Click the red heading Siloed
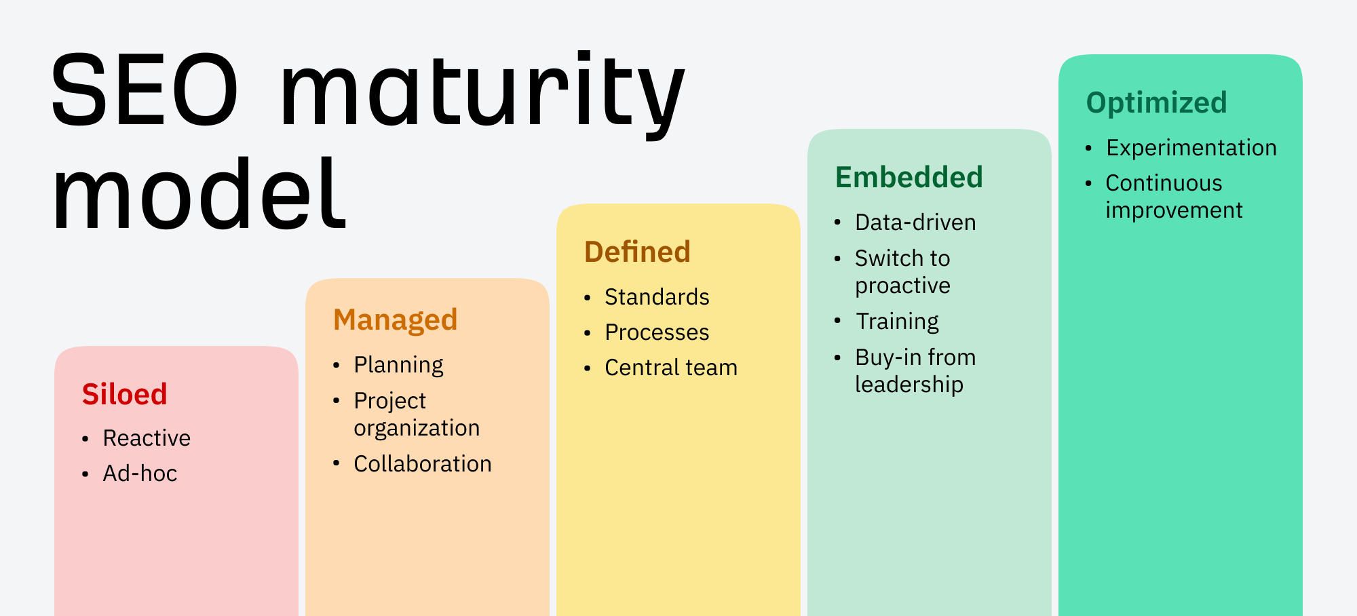click(124, 394)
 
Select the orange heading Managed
click(395, 320)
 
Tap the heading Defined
click(637, 252)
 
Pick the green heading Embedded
click(909, 177)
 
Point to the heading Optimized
click(1156, 102)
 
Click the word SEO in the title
click(145, 90)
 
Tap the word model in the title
click(199, 195)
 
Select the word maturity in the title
click(482, 92)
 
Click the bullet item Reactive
click(147, 438)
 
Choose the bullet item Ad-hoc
click(140, 474)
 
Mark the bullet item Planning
click(398, 365)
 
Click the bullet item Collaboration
click(422, 464)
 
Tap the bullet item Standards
click(657, 297)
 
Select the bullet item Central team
click(670, 368)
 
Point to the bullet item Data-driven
click(915, 223)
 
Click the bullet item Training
click(897, 322)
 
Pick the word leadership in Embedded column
click(909, 385)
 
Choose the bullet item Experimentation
click(1191, 148)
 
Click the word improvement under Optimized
click(1174, 210)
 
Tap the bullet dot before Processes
click(588, 333)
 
